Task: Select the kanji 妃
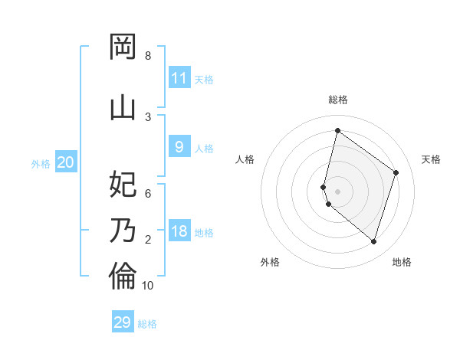pyautogui.click(x=123, y=184)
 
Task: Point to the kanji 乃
pyautogui.click(x=123, y=230)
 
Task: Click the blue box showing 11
pyautogui.click(x=179, y=78)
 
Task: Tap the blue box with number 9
pyautogui.click(x=179, y=147)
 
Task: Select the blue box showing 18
pyautogui.click(x=179, y=232)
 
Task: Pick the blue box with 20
pyautogui.click(x=66, y=162)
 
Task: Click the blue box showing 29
pyautogui.click(x=123, y=322)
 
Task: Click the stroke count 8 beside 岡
pyautogui.click(x=148, y=56)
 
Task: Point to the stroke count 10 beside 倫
pyautogui.click(x=148, y=286)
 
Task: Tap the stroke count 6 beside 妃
pyautogui.click(x=148, y=194)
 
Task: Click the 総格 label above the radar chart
pyautogui.click(x=337, y=100)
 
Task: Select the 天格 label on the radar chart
pyautogui.click(x=431, y=159)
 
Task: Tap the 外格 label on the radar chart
pyautogui.click(x=270, y=262)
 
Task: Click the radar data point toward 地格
pyautogui.click(x=373, y=242)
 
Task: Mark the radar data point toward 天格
pyautogui.click(x=396, y=172)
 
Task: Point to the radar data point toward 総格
pyautogui.click(x=337, y=130)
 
